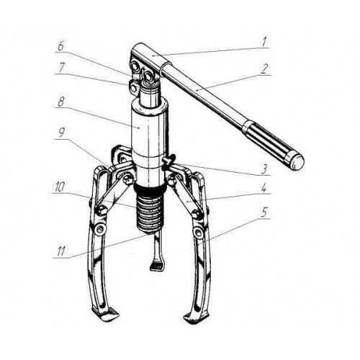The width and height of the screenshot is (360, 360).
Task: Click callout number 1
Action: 264,42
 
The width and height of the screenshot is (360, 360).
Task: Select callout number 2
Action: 264,69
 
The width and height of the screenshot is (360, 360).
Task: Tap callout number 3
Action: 264,169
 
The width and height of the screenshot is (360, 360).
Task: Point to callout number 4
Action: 264,188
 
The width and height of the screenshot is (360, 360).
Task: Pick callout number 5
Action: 264,212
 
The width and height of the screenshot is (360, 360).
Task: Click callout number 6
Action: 61,46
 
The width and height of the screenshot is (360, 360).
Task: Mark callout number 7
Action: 61,68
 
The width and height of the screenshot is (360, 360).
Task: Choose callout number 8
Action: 60,102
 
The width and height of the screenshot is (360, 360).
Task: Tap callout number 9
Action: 61,132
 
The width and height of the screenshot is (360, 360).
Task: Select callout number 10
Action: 60,187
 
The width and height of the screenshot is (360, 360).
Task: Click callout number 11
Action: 60,251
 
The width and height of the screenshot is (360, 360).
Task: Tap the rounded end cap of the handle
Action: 297,162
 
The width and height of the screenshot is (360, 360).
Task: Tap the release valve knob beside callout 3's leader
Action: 168,161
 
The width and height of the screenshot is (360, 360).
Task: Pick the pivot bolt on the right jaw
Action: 198,232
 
